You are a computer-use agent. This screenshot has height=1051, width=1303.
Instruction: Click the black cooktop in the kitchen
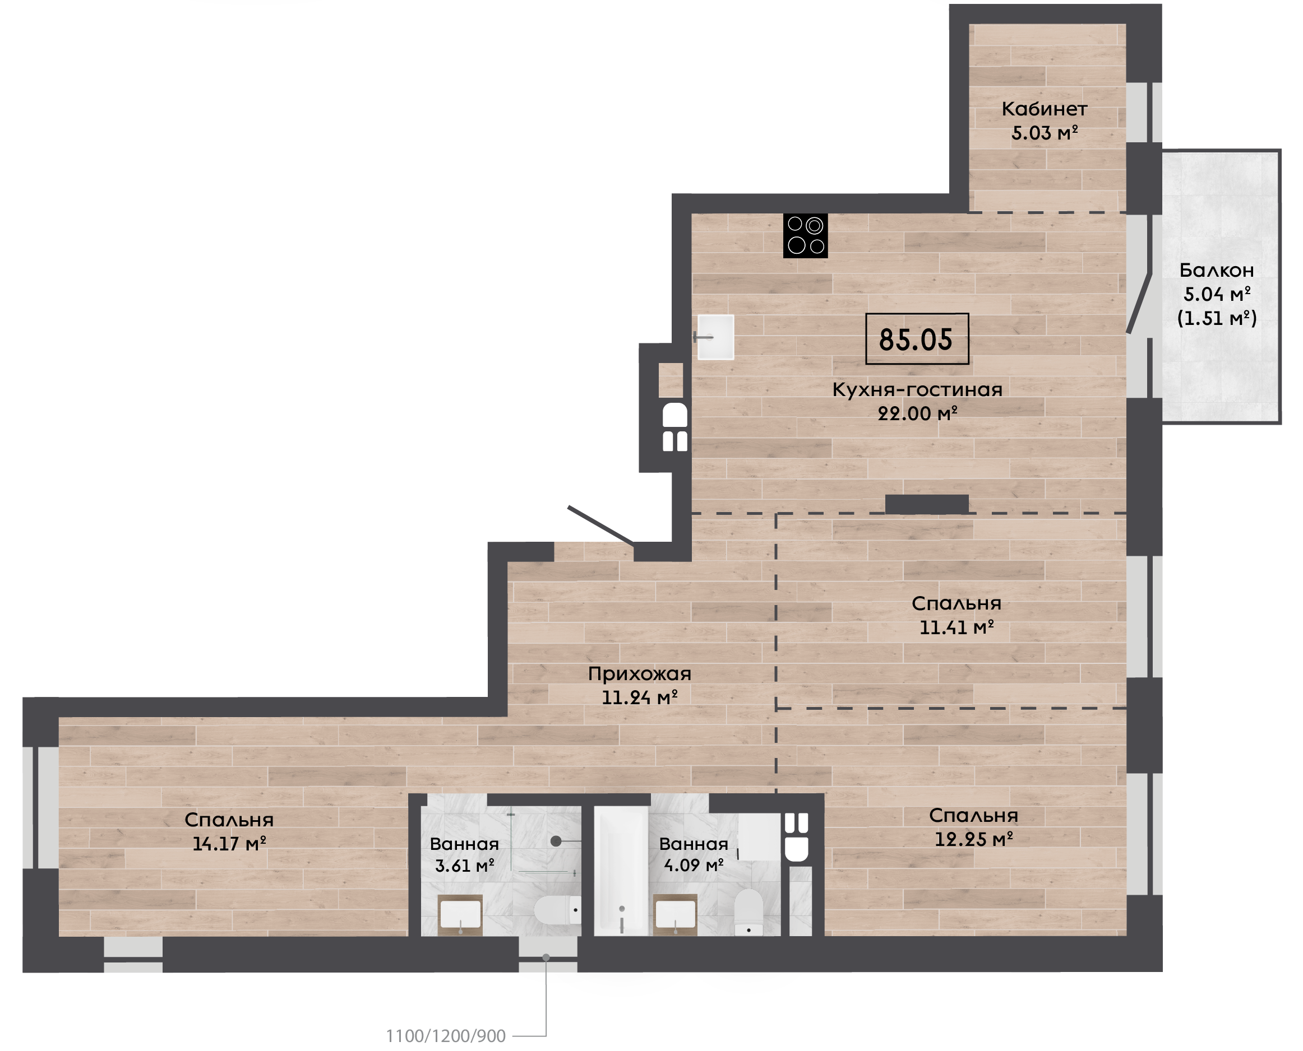point(805,235)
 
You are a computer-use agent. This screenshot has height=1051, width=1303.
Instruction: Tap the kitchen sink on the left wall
point(715,337)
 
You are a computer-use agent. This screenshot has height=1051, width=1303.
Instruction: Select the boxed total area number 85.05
point(917,339)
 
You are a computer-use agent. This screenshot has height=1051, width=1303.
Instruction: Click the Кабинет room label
point(1045,109)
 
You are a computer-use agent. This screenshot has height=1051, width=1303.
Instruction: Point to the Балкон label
point(1216,271)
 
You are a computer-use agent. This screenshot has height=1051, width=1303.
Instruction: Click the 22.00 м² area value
point(918,413)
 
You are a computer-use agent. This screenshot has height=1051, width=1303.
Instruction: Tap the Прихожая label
point(640,674)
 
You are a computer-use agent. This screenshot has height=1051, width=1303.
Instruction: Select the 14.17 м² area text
point(229,843)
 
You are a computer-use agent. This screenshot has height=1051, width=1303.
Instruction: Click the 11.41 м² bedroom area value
point(957,627)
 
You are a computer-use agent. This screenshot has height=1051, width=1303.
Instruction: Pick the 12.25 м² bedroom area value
point(973,839)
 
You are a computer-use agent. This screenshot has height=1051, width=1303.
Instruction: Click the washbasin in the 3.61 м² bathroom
point(460,915)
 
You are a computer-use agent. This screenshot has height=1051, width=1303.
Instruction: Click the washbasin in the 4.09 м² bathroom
point(676,915)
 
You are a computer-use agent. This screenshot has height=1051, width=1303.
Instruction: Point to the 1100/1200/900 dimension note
point(446,1036)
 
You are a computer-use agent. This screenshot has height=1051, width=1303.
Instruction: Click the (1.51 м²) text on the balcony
point(1216,318)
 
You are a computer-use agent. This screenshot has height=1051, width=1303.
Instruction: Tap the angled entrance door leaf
point(601,525)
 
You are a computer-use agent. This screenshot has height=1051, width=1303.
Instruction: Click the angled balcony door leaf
point(1138,303)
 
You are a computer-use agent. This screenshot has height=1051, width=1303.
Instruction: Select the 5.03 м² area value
point(1045,133)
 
